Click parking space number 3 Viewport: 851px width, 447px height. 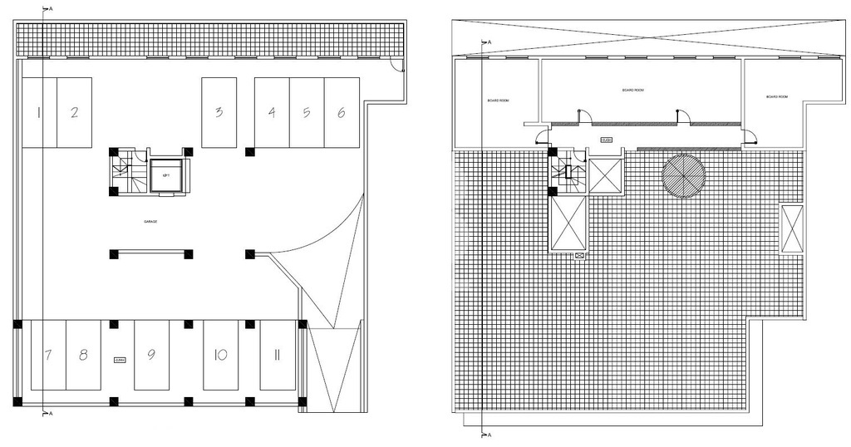click(219, 112)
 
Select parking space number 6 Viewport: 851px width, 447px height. click(341, 112)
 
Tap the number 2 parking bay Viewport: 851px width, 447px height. click(74, 112)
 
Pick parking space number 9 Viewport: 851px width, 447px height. click(151, 355)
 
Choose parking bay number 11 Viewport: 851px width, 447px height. click(277, 355)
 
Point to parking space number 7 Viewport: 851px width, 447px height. click(48, 355)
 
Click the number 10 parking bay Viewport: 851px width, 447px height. click(220, 355)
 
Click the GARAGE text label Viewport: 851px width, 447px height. click(150, 222)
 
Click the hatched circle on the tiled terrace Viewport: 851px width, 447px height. click(683, 176)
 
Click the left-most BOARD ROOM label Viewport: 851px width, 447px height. click(498, 101)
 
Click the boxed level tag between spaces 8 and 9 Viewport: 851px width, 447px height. click(120, 360)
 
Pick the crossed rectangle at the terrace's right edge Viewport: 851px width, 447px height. click(792, 229)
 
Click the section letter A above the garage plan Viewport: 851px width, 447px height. click(52, 8)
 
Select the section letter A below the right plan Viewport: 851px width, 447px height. click(489, 435)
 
